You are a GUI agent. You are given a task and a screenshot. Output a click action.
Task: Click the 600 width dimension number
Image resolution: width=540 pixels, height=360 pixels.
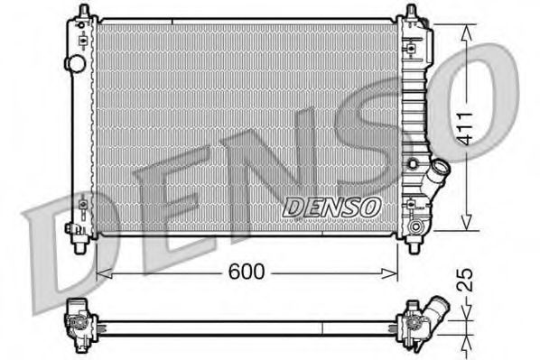pos(247,272)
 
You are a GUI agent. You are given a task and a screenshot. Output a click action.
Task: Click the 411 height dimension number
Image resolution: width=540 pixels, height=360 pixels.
pos(466,128)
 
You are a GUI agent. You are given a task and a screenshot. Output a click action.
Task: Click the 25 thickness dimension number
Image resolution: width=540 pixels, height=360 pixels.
pos(466,280)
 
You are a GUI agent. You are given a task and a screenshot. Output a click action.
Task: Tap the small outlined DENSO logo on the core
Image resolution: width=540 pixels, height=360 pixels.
pos(331,208)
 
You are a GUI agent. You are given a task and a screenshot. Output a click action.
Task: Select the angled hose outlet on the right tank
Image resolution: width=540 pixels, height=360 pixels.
pos(435,176)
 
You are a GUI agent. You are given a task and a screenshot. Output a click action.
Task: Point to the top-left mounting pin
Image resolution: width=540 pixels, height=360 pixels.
pos(84,11)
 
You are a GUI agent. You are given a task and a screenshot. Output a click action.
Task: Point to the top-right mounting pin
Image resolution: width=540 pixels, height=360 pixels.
pos(411,11)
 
